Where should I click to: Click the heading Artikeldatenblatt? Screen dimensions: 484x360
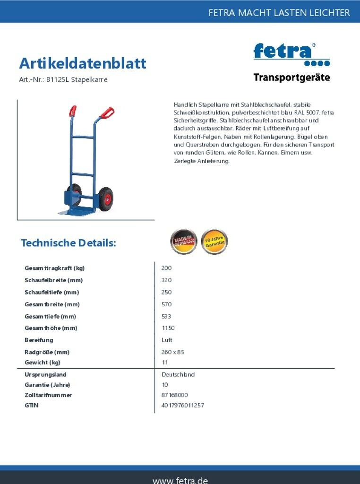click(x=83, y=63)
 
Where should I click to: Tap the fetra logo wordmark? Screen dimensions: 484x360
click(x=283, y=51)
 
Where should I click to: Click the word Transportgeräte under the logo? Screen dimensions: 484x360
click(x=291, y=78)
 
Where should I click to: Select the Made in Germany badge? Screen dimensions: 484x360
click(x=183, y=242)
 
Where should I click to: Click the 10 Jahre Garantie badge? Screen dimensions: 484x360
click(x=214, y=242)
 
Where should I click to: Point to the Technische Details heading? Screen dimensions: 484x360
click(x=69, y=243)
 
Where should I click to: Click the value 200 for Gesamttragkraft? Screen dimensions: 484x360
click(x=166, y=268)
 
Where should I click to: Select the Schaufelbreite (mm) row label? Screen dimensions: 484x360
click(x=54, y=280)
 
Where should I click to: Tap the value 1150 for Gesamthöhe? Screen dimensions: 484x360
click(x=168, y=328)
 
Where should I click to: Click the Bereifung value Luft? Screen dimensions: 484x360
click(x=167, y=340)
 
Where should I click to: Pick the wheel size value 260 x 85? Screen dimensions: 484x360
click(x=173, y=352)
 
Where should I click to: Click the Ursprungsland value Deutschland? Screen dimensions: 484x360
click(x=178, y=374)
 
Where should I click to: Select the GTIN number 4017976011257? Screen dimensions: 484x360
click(x=183, y=406)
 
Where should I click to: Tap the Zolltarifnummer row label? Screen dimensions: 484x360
click(x=48, y=395)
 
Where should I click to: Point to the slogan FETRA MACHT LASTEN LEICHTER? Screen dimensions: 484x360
click(x=279, y=13)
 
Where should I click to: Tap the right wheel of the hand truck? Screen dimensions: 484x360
click(x=106, y=199)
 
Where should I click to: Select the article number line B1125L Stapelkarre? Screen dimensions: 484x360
click(x=63, y=79)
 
